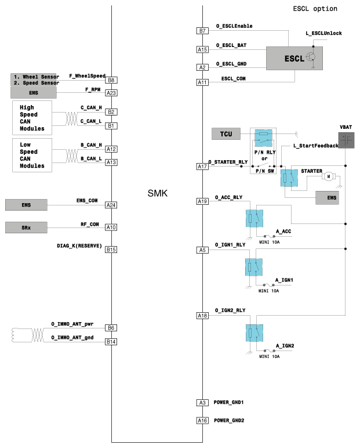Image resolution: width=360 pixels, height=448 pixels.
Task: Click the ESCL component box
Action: [x=294, y=58]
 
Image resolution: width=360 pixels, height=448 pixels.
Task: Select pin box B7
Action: [x=202, y=31]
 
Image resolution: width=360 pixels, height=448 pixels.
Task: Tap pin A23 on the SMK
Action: [x=111, y=93]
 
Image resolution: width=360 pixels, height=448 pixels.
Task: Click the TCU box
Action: [x=226, y=135]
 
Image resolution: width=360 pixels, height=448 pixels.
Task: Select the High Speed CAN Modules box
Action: [x=36, y=117]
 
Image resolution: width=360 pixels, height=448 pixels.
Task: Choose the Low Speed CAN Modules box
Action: [x=36, y=154]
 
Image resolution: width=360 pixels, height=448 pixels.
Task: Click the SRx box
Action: [x=26, y=227]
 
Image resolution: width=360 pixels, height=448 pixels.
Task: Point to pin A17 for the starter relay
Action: [x=202, y=167]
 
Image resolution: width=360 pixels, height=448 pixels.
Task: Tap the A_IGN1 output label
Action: [x=284, y=280]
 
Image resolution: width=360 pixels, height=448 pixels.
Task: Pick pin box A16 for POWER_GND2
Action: [x=202, y=420]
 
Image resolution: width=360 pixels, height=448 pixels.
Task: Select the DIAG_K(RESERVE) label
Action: [x=80, y=245]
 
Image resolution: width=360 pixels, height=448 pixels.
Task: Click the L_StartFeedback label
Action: [x=316, y=145]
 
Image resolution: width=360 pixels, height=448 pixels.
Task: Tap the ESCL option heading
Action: [x=315, y=9]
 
